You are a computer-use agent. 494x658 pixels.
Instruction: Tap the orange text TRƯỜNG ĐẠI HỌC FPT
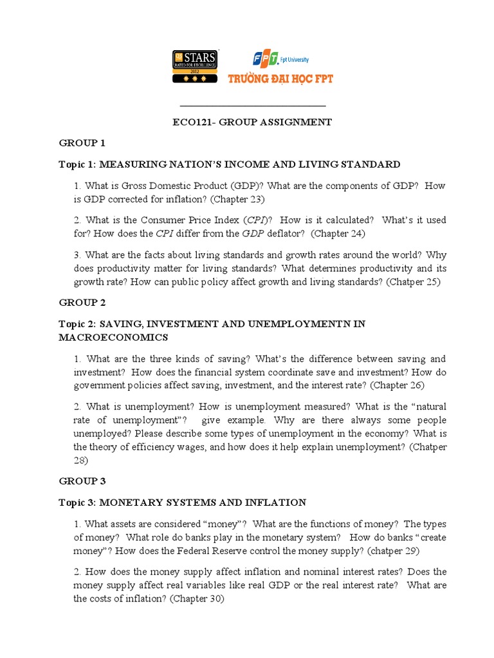point(281,79)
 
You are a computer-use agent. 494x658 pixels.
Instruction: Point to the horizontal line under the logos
point(252,105)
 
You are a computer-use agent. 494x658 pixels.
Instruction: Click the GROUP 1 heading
point(82,143)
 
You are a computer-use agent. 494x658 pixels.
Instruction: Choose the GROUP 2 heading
point(82,302)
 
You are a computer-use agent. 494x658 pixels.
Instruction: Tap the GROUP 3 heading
point(82,481)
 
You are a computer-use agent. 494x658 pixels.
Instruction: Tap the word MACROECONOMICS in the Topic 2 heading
point(113,337)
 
